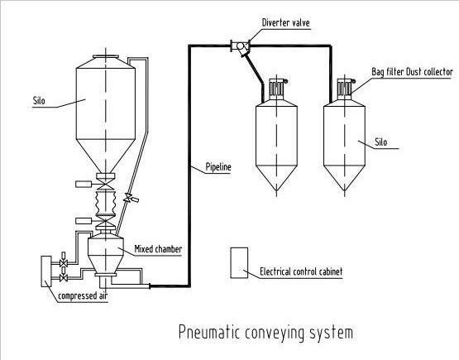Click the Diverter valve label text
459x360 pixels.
[x=285, y=22]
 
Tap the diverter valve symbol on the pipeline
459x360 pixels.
[x=241, y=46]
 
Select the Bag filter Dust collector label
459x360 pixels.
[x=412, y=72]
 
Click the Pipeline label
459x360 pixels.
[x=218, y=167]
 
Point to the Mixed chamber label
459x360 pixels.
[x=158, y=249]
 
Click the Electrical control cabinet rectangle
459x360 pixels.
[x=239, y=262]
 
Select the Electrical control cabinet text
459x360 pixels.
[x=301, y=271]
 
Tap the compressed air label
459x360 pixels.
[x=83, y=295]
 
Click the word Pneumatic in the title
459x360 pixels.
[x=209, y=333]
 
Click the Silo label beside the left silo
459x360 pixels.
[x=39, y=101]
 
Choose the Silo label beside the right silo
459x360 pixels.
[x=380, y=142]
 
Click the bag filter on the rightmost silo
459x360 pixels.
[x=345, y=89]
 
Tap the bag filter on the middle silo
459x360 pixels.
[x=276, y=89]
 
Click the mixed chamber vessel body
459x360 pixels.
[x=106, y=254]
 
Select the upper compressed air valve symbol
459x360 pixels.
[x=64, y=262]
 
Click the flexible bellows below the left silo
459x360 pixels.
[x=106, y=203]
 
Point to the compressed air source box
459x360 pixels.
[x=46, y=271]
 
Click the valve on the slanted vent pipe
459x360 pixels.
[x=129, y=199]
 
